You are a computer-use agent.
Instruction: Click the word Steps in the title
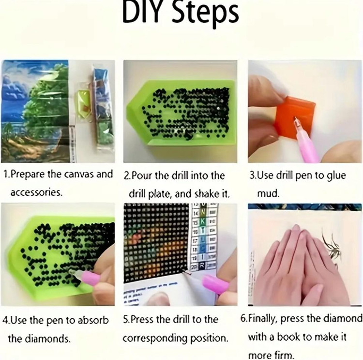205,15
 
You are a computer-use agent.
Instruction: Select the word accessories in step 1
36,192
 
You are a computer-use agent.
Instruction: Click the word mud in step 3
268,193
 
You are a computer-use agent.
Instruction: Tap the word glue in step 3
336,176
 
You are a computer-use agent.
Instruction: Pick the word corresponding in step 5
155,339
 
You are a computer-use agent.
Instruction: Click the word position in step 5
209,339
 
